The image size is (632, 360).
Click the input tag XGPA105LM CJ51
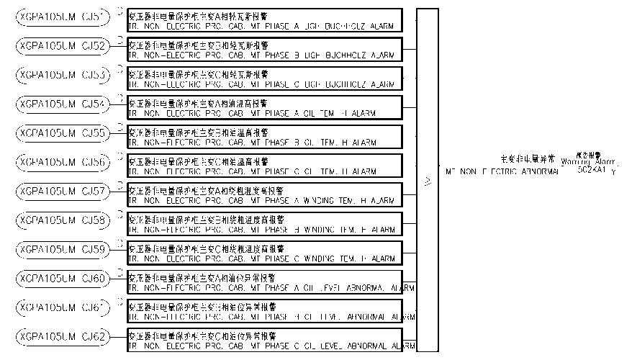click(x=63, y=15)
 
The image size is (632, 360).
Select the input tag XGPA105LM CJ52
click(x=63, y=45)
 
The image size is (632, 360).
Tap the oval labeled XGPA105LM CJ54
click(x=63, y=104)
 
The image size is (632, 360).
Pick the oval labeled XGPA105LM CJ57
click(x=63, y=192)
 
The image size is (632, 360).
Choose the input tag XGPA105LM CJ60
click(x=63, y=279)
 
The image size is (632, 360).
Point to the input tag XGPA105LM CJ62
click(x=63, y=337)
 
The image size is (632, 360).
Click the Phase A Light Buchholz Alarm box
click(x=264, y=20)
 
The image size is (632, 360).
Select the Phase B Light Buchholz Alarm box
click(x=264, y=50)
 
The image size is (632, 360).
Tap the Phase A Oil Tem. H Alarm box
click(x=264, y=108)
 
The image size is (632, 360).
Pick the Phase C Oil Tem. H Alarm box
click(x=264, y=166)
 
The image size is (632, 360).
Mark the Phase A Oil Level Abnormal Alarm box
click(x=264, y=283)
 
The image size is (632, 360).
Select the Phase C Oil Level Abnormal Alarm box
click(x=264, y=341)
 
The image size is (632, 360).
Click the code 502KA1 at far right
click(x=591, y=171)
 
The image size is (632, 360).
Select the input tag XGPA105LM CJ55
click(x=63, y=132)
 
